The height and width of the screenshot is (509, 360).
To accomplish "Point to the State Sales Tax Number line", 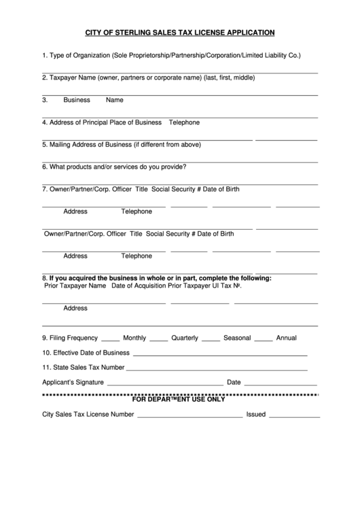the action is pyautogui.click(x=217, y=370).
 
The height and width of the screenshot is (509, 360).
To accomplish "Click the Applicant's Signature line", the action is pyautogui.click(x=165, y=384).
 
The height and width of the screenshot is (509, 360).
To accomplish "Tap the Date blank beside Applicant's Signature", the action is pyautogui.click(x=281, y=384).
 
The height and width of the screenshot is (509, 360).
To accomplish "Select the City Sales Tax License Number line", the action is pyautogui.click(x=190, y=415).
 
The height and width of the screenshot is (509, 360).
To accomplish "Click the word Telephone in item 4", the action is pyautogui.click(x=184, y=122).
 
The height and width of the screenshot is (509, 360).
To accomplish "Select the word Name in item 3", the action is pyautogui.click(x=115, y=100).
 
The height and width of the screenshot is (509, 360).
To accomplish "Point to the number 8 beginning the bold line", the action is pyautogui.click(x=44, y=279).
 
